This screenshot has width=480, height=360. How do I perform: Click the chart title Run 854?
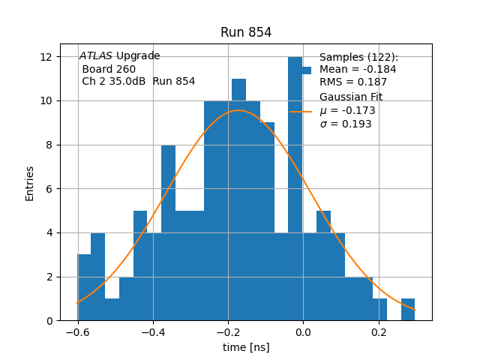[x=246, y=32]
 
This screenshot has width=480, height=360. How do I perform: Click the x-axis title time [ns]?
[x=246, y=347]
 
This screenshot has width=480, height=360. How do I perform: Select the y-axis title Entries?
[x=30, y=183]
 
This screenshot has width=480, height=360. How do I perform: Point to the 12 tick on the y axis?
[x=46, y=57]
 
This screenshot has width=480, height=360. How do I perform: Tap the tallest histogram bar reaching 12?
[x=295, y=187]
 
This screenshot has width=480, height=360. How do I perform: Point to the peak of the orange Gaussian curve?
[x=238, y=111]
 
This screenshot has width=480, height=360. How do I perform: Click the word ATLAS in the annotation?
[x=96, y=56]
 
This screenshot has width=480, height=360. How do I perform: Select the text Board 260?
[x=109, y=69]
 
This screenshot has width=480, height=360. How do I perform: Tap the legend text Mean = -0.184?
[x=358, y=70]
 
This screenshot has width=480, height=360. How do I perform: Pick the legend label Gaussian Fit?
[x=351, y=97]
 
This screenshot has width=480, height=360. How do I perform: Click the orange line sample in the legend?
[x=301, y=111]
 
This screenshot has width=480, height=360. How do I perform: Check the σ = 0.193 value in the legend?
[x=346, y=124]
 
